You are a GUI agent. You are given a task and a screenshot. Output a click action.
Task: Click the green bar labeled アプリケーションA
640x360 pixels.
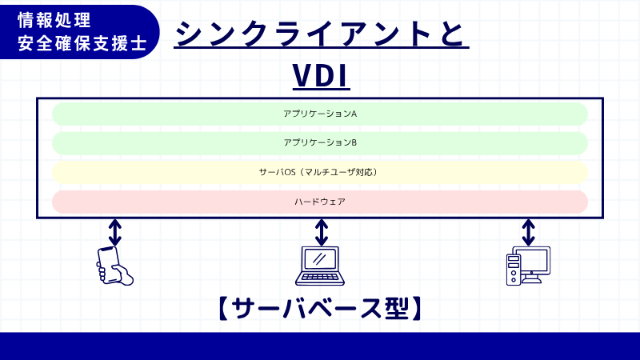pyautogui.click(x=320, y=114)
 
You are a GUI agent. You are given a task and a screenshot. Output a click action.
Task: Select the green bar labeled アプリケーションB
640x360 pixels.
pyautogui.click(x=320, y=143)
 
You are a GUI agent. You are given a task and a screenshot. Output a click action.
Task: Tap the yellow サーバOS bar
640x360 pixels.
pyautogui.click(x=320, y=172)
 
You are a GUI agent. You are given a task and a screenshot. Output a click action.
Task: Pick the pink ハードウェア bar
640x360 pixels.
pyautogui.click(x=320, y=202)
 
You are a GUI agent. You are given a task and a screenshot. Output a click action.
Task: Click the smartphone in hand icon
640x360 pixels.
pyautogui.click(x=114, y=265)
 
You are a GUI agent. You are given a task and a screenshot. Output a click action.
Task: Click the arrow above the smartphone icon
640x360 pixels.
pyautogui.click(x=115, y=232)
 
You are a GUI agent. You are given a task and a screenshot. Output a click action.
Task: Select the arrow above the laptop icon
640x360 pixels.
pyautogui.click(x=322, y=232)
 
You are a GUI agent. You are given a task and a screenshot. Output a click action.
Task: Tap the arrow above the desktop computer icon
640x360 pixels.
pyautogui.click(x=528, y=232)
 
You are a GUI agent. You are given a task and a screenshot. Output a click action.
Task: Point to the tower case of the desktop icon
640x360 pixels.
pyautogui.click(x=513, y=270)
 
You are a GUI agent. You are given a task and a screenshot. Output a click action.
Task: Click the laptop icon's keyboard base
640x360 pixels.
pyautogui.click(x=321, y=278)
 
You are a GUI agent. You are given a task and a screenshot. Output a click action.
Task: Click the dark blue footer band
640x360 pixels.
pyautogui.click(x=320, y=346)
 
